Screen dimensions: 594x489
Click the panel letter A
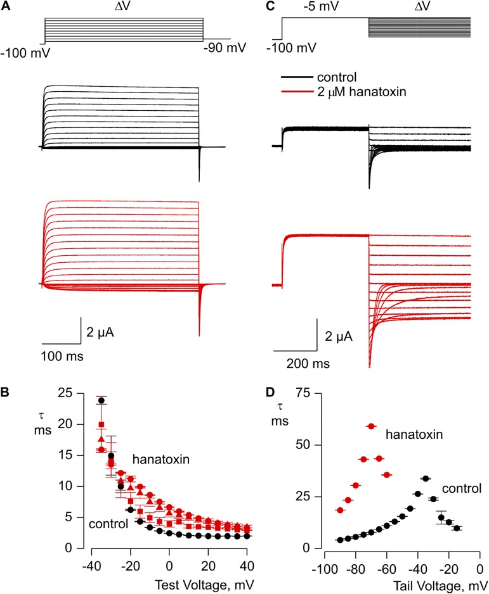6,6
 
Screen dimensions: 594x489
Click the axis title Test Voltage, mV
213,579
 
